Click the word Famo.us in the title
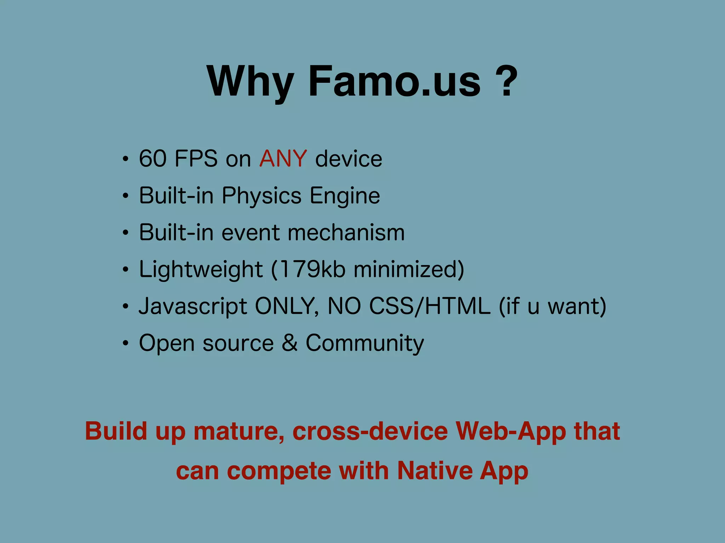click(x=394, y=82)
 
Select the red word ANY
click(x=283, y=158)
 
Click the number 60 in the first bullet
click(x=153, y=158)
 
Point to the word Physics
click(x=261, y=196)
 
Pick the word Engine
click(x=344, y=196)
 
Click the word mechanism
click(x=346, y=233)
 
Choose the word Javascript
click(x=193, y=306)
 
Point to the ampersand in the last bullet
click(x=290, y=343)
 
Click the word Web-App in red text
click(x=510, y=432)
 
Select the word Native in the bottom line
click(x=434, y=471)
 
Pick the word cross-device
click(x=370, y=432)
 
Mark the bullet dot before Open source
click(x=125, y=343)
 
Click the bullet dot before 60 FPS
click(x=125, y=159)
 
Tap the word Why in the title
click(x=251, y=82)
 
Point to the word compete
click(x=279, y=472)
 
